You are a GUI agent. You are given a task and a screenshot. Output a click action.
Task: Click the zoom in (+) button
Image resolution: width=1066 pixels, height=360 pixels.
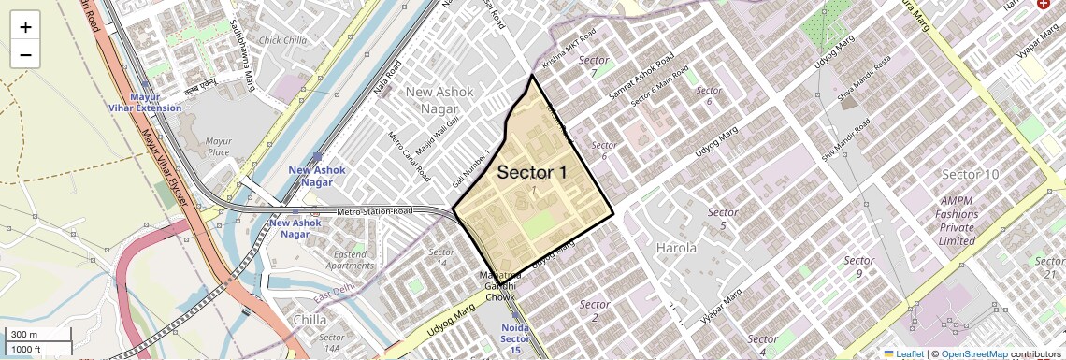click(25, 27)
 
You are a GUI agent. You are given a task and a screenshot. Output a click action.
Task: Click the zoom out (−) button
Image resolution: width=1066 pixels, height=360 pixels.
click(25, 54)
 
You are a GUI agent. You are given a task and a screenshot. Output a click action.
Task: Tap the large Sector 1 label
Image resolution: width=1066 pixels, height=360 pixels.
click(532, 173)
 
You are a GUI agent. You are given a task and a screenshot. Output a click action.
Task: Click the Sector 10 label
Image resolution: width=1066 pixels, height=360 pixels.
click(971, 175)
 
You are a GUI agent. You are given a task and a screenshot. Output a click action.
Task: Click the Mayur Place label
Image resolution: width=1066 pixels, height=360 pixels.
click(218, 147)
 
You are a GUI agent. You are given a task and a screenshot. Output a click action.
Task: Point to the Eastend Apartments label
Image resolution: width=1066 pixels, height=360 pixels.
click(350, 259)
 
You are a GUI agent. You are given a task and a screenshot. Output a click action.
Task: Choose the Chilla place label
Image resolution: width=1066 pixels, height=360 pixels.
click(310, 319)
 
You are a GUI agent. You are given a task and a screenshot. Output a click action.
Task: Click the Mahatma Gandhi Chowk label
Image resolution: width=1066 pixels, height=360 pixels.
click(499, 286)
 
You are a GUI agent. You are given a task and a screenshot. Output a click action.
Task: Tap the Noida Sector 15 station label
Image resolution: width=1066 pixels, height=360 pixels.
click(515, 338)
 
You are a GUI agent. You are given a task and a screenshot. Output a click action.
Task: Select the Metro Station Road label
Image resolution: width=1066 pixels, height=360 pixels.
click(375, 212)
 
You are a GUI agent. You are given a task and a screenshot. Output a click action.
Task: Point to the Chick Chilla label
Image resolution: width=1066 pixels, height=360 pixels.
click(283, 40)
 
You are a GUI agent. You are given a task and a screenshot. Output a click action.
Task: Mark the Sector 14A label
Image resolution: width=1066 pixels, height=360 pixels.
click(332, 342)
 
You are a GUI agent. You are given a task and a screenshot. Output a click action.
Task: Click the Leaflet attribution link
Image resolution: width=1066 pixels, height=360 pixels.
click(903, 353)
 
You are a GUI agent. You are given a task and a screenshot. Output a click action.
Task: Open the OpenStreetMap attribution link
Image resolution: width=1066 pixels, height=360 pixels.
click(973, 353)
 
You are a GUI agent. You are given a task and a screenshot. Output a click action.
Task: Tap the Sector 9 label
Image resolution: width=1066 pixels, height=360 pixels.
click(858, 266)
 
